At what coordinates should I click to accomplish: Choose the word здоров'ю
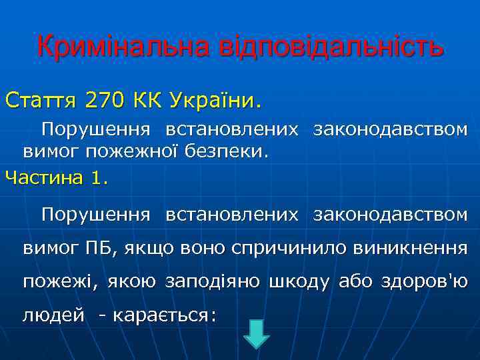pos(427,282)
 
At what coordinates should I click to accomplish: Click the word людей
pos(53,315)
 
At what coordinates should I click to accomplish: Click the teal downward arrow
pos(256,334)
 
